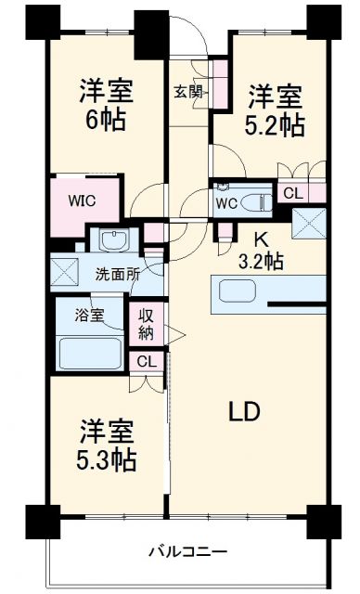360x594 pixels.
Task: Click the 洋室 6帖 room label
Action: (105, 106)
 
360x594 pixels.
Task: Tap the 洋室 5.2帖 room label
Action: (275, 111)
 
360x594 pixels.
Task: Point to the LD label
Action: (244, 411)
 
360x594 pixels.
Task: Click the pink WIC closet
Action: (81, 200)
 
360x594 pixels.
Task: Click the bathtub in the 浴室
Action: (90, 353)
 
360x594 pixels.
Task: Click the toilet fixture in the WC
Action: (253, 202)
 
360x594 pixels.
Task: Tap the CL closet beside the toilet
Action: (292, 195)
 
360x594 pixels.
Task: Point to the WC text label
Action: (226, 203)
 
